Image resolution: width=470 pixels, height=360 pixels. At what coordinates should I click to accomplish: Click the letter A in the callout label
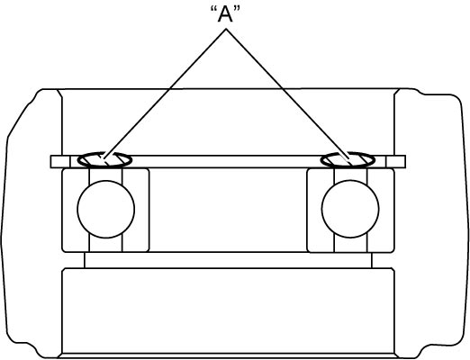click(x=225, y=15)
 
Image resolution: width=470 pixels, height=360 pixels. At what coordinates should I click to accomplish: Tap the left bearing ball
click(x=106, y=209)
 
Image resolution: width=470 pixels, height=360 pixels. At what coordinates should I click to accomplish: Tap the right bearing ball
click(x=350, y=209)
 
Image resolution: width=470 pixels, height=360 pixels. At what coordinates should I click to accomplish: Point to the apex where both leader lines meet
click(x=226, y=29)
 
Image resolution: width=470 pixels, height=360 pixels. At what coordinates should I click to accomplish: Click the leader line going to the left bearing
click(x=165, y=94)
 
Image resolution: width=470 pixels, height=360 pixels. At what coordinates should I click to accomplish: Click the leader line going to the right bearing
click(x=287, y=94)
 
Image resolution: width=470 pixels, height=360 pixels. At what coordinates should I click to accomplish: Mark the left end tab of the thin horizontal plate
click(x=60, y=162)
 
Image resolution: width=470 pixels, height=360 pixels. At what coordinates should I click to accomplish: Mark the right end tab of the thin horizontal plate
click(x=395, y=162)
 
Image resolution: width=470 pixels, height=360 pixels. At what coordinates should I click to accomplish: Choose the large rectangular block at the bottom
click(x=228, y=311)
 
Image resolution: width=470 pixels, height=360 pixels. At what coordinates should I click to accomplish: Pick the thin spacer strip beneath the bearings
click(x=228, y=260)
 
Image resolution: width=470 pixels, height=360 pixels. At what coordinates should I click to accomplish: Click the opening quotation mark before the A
click(x=213, y=10)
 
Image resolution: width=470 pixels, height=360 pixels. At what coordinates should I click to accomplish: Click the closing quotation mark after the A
click(x=237, y=10)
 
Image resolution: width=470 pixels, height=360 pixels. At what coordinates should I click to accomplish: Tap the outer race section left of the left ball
click(x=76, y=210)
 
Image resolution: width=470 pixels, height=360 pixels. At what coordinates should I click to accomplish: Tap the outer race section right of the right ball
click(x=381, y=210)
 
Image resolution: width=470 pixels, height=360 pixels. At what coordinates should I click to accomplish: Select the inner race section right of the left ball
click(x=136, y=210)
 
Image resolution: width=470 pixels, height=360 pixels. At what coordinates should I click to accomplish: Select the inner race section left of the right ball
click(x=321, y=210)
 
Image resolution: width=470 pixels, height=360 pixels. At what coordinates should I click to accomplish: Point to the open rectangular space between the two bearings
click(x=228, y=210)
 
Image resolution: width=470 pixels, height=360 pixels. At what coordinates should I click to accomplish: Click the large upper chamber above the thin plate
click(x=228, y=122)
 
